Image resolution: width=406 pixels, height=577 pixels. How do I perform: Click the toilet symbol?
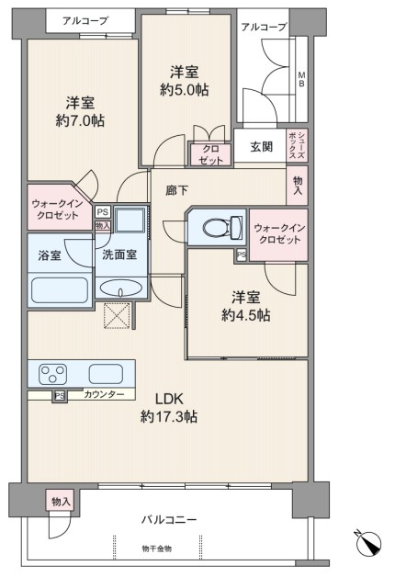coord(222,227)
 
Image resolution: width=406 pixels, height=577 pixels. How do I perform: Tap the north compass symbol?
coord(369,544)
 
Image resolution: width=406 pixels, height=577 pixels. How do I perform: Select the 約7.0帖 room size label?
coord(80,120)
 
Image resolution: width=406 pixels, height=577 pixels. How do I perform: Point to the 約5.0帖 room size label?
coord(185,90)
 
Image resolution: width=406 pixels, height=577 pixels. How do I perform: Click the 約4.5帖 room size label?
coord(245,315)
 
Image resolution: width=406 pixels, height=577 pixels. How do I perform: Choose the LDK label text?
coord(169,398)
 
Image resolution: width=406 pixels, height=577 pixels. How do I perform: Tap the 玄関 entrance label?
coord(262,147)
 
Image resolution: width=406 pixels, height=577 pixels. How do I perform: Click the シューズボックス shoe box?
coord(297,145)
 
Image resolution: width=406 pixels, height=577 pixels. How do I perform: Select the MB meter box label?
coord(301,79)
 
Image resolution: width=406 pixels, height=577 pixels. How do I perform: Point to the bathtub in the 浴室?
coord(60,290)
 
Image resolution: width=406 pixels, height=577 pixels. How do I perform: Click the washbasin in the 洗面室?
coord(121,288)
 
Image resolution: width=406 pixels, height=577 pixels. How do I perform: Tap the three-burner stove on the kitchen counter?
coord(53,374)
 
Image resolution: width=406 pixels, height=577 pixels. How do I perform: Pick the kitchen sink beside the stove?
coord(106,374)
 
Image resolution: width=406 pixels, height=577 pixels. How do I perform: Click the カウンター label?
coord(104,395)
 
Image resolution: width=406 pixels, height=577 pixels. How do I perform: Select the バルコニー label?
coord(169,520)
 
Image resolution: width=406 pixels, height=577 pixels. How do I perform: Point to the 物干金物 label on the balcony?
coord(157,549)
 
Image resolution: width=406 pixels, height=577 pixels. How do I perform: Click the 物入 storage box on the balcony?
coord(60,500)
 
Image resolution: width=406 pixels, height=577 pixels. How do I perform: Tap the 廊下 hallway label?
coord(177,190)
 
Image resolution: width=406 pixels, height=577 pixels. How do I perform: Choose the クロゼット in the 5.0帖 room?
coord(210,154)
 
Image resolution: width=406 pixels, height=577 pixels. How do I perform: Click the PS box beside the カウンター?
coord(60,396)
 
